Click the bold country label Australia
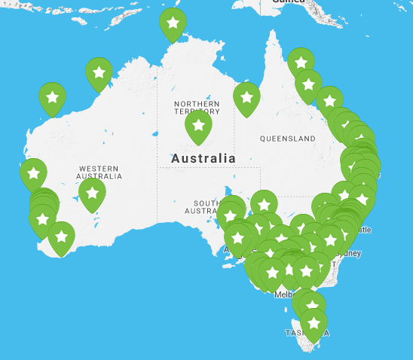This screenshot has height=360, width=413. click(x=203, y=159)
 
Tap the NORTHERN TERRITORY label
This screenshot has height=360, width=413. click(x=197, y=107)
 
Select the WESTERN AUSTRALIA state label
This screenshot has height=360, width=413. click(x=99, y=172)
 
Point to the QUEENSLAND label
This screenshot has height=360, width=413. click(x=287, y=139)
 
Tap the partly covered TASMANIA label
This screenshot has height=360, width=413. click(x=295, y=332)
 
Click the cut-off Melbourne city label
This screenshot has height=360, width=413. click(x=283, y=294)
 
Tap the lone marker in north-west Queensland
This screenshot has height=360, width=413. click(x=246, y=97)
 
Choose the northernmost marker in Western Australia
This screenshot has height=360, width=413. click(x=99, y=73)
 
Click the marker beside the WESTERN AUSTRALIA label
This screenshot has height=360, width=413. click(x=92, y=193)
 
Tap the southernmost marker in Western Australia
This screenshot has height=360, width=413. click(x=61, y=236)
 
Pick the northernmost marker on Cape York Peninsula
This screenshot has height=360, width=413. click(x=301, y=62)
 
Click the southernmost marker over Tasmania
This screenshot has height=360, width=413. click(x=314, y=325)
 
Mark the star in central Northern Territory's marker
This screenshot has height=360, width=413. click(x=198, y=125)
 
